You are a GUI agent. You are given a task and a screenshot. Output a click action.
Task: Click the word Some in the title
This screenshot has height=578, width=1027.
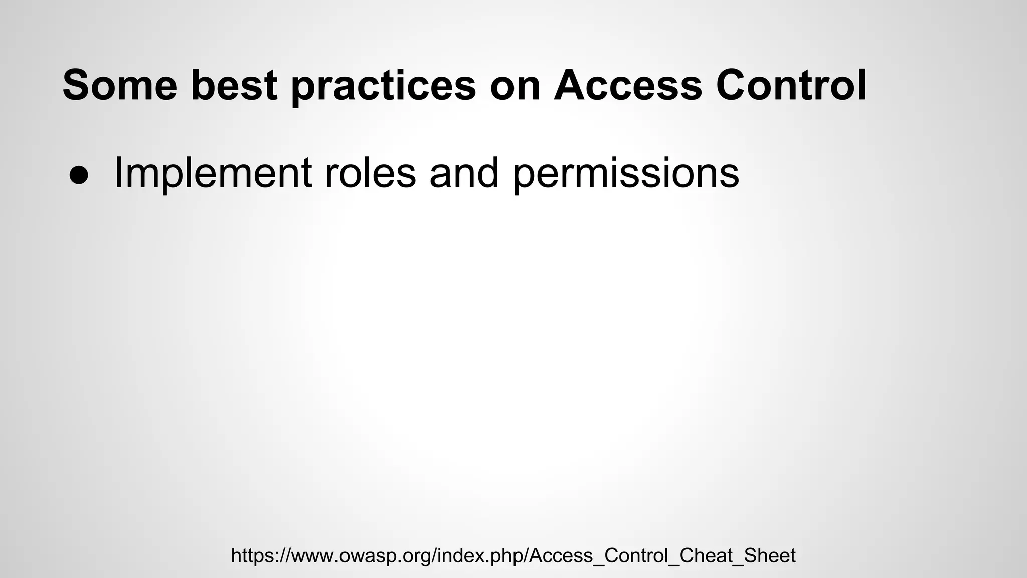click(x=119, y=85)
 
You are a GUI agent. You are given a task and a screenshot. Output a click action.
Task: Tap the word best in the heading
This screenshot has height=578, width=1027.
click(x=234, y=85)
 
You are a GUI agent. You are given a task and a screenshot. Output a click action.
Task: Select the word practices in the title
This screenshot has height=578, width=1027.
click(x=384, y=86)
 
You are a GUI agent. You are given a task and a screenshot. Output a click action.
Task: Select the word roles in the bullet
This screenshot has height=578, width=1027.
click(x=370, y=173)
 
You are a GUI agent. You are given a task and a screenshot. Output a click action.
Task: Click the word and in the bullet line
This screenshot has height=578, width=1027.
click(x=464, y=173)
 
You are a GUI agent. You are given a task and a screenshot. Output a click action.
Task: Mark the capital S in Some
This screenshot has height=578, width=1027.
click(x=76, y=85)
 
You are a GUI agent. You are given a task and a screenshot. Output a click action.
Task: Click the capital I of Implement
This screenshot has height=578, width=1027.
click(x=118, y=173)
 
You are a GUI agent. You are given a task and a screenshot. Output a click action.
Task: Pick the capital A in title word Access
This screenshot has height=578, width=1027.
click(x=570, y=85)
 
